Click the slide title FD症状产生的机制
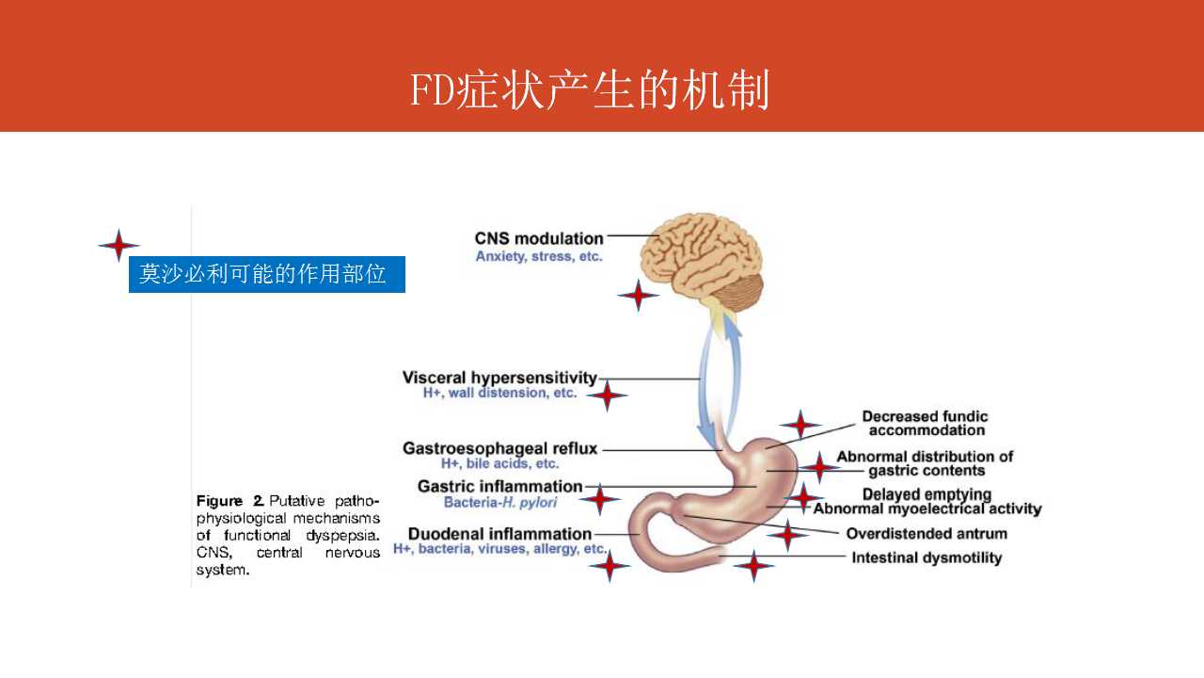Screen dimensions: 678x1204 (x=590, y=91)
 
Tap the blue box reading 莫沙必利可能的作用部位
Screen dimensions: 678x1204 (x=266, y=274)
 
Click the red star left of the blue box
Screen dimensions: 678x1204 (x=119, y=246)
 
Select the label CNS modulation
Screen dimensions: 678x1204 (x=539, y=238)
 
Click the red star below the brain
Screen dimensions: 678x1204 (x=638, y=296)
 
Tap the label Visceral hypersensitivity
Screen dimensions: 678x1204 (x=499, y=378)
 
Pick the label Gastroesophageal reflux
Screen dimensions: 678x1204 (x=499, y=448)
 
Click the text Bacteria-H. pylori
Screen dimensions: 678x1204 (x=499, y=503)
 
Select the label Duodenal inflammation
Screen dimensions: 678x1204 (x=499, y=534)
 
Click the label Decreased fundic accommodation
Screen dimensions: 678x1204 (x=926, y=423)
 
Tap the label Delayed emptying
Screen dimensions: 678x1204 (x=927, y=494)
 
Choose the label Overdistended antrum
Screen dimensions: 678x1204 (x=927, y=534)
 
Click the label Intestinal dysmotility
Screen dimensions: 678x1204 (x=927, y=557)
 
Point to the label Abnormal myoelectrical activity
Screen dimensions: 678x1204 (x=927, y=509)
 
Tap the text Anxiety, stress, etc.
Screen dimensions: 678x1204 (x=539, y=256)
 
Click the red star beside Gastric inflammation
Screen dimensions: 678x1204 (x=600, y=499)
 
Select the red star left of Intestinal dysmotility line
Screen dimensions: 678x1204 (x=752, y=566)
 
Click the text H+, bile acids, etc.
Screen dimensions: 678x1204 (x=499, y=463)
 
